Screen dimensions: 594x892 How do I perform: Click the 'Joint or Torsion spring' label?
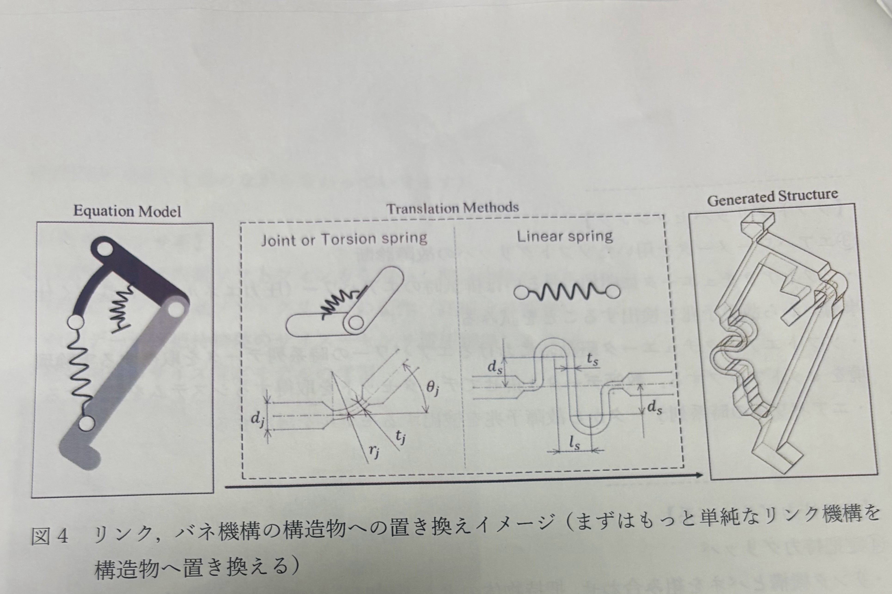coord(344,239)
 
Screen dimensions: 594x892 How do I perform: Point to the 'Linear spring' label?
coord(565,236)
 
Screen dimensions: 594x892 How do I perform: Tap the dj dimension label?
coord(257,419)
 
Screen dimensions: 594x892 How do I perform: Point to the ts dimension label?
coord(593,361)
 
